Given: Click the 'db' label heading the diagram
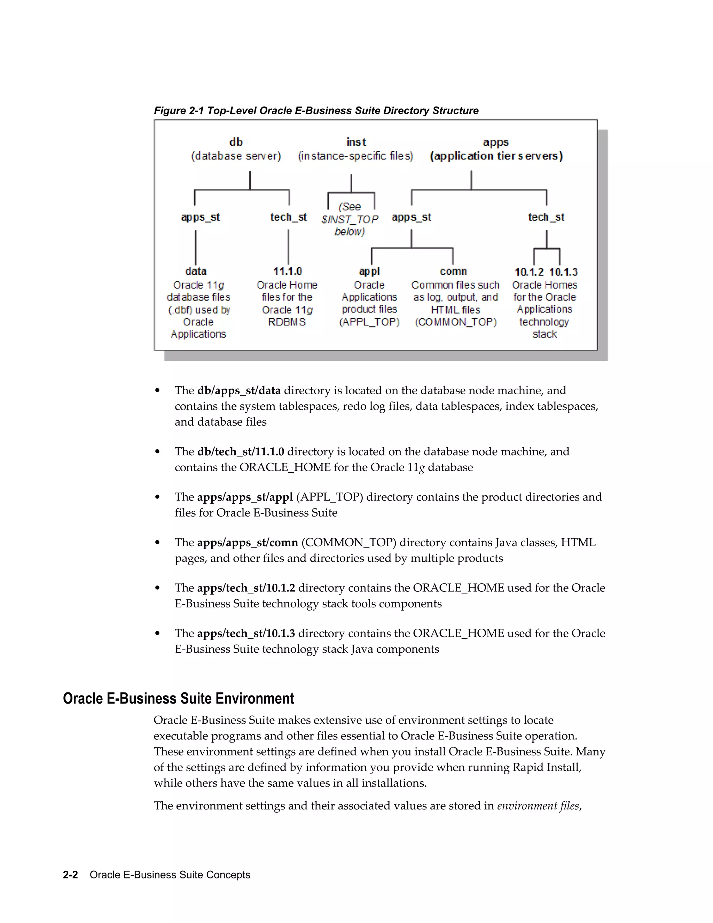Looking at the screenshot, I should click(x=236, y=142).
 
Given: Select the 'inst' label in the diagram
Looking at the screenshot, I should click(x=356, y=142).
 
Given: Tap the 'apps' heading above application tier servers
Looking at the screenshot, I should click(x=495, y=142).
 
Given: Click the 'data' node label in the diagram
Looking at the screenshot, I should click(x=196, y=271).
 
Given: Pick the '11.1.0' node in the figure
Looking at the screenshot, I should click(x=287, y=271).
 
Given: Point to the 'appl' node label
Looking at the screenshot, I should click(x=369, y=271).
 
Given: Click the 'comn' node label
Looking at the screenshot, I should click(x=453, y=271).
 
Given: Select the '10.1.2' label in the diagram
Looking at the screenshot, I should click(x=529, y=272).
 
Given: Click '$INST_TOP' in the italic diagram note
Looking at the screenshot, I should click(x=350, y=219).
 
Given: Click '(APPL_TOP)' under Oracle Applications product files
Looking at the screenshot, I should click(x=369, y=322).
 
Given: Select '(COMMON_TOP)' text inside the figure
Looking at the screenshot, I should click(x=455, y=322).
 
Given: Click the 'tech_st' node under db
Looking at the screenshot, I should click(x=289, y=217).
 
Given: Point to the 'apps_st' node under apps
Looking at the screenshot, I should click(x=412, y=217).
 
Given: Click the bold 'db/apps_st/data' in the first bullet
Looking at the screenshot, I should click(x=238, y=390).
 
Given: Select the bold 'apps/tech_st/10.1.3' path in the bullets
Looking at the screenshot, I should click(x=246, y=634).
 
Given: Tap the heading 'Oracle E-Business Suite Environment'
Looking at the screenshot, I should click(x=178, y=699).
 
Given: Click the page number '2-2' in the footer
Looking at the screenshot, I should click(x=70, y=875).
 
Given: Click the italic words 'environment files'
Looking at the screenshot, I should click(x=538, y=806).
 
